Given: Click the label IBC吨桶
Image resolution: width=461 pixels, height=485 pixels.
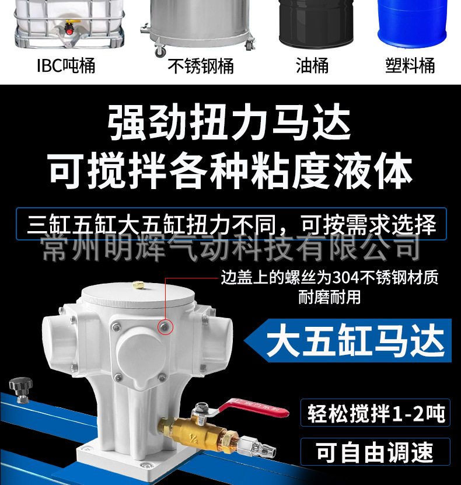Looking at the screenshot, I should click(65, 65).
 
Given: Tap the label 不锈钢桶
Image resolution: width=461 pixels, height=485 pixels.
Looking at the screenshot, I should click(201, 65).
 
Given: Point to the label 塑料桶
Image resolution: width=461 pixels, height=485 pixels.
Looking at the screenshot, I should click(410, 65).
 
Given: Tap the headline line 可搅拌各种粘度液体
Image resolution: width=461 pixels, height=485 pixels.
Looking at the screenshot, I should click(230, 170).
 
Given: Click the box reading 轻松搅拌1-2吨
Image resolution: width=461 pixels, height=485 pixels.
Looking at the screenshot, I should click(376, 414).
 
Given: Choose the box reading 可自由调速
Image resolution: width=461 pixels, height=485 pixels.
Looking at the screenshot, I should click(375, 452).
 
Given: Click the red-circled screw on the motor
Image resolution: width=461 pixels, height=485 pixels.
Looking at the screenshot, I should click(166, 327).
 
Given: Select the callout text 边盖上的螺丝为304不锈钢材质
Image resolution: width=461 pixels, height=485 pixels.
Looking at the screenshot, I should click(329, 277).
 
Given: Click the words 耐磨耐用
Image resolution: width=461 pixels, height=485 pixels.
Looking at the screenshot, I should click(329, 297).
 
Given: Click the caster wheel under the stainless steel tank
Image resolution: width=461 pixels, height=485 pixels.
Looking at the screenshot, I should click(160, 51).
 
